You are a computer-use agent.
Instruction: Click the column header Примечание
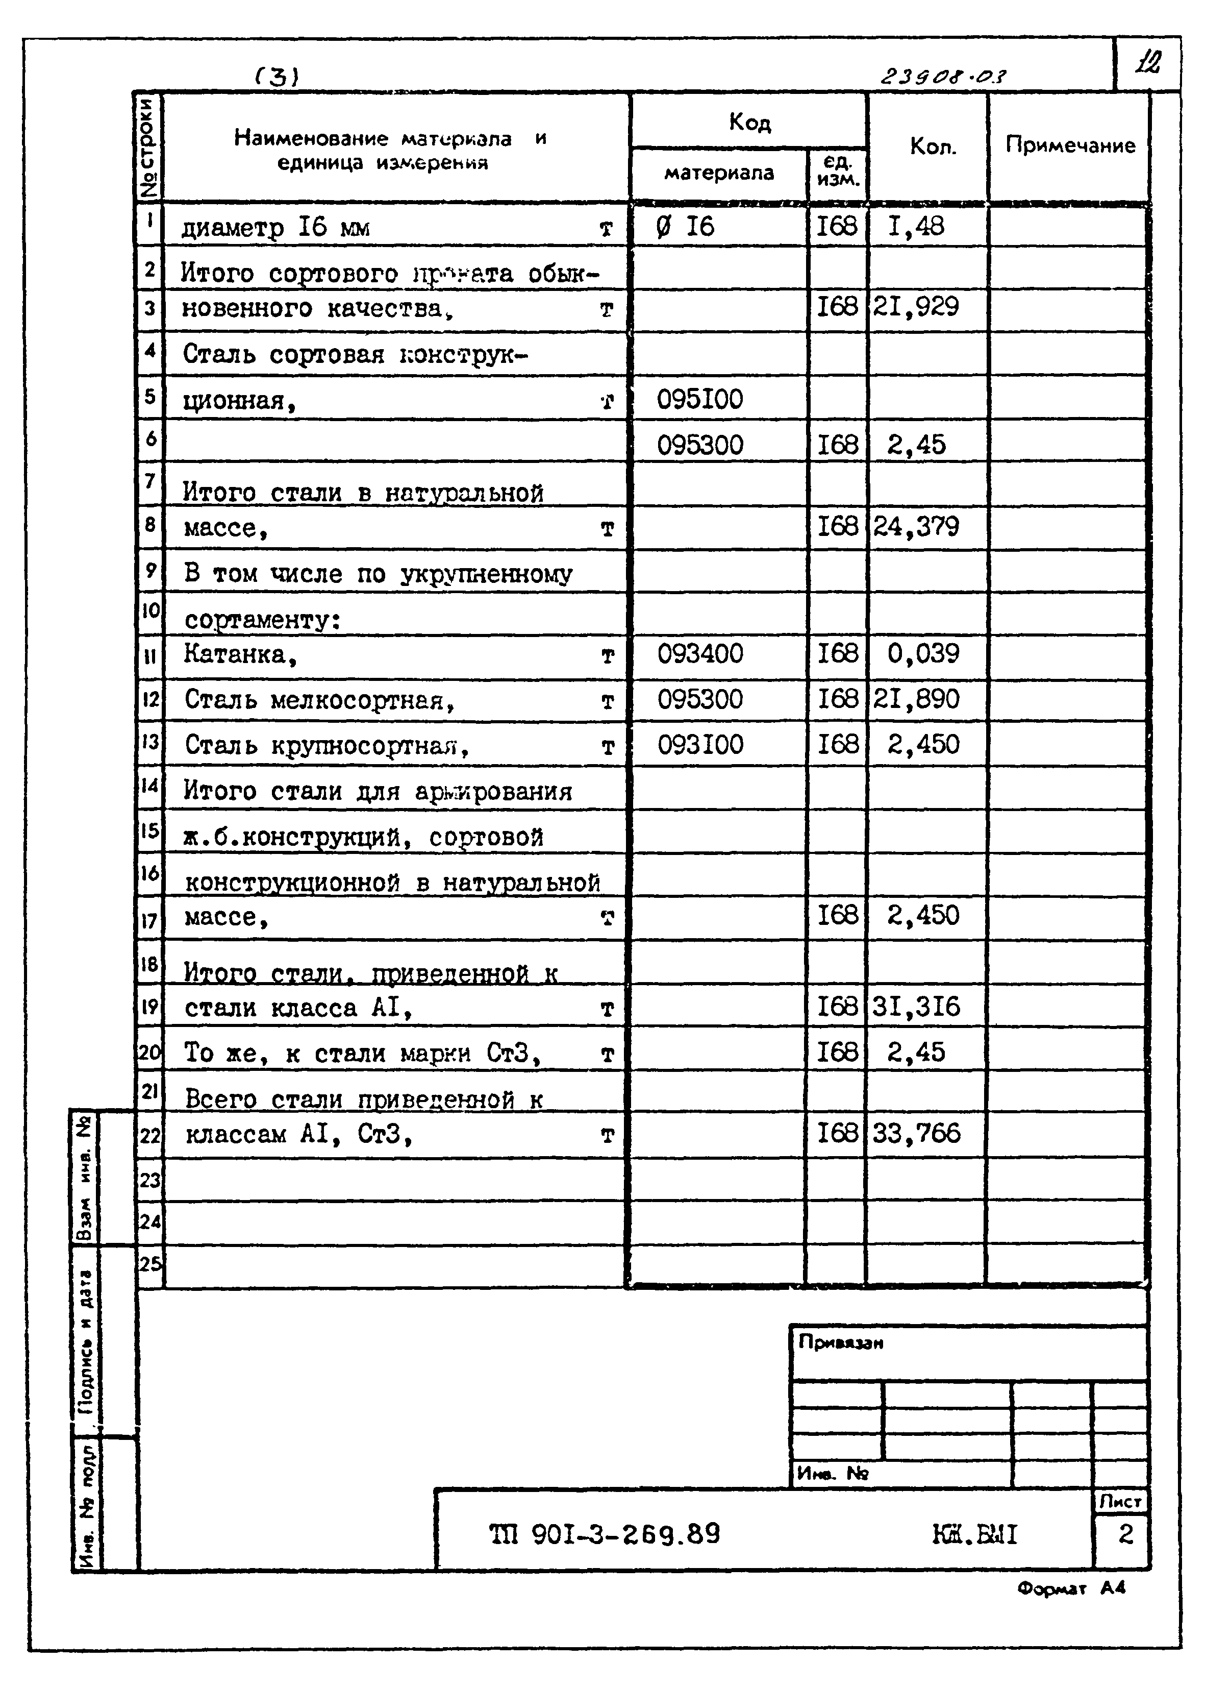click(1069, 145)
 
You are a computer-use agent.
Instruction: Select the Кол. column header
click(933, 147)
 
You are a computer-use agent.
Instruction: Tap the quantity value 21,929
click(916, 307)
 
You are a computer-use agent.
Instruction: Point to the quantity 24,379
click(916, 527)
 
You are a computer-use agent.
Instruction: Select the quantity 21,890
click(916, 699)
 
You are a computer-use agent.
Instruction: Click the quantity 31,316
click(916, 1007)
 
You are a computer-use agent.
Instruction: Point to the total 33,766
click(916, 1134)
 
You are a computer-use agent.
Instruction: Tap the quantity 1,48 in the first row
click(916, 227)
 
